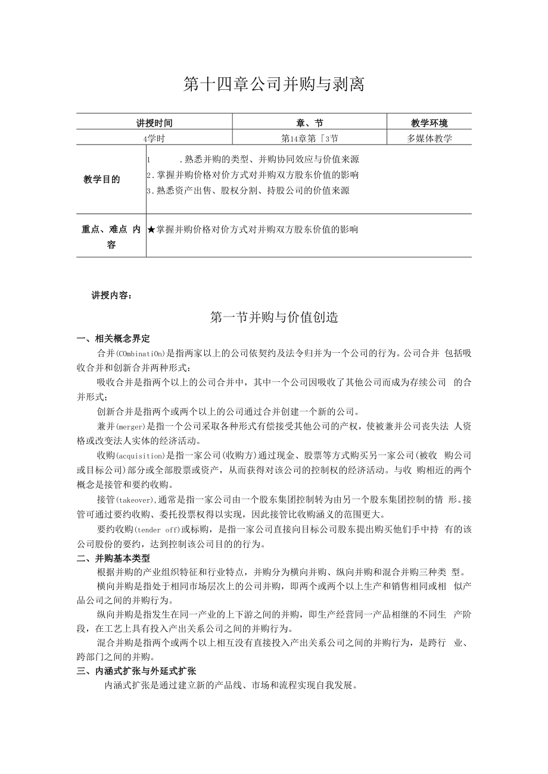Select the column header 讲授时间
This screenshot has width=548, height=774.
154,123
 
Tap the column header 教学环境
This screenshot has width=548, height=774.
429,123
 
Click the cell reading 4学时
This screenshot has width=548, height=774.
154,138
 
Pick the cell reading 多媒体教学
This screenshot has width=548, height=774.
429,138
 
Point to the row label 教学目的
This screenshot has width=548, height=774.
102,179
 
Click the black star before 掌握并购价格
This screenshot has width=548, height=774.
151,229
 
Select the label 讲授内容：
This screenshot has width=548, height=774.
113,295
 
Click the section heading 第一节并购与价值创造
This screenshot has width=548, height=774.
274,318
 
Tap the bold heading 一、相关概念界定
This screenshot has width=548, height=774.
114,339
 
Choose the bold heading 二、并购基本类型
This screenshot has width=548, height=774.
114,559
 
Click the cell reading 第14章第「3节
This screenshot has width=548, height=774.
309,138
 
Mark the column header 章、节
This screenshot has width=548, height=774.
309,123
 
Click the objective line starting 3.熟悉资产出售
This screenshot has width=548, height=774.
248,190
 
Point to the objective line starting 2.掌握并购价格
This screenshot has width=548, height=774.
253,175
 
